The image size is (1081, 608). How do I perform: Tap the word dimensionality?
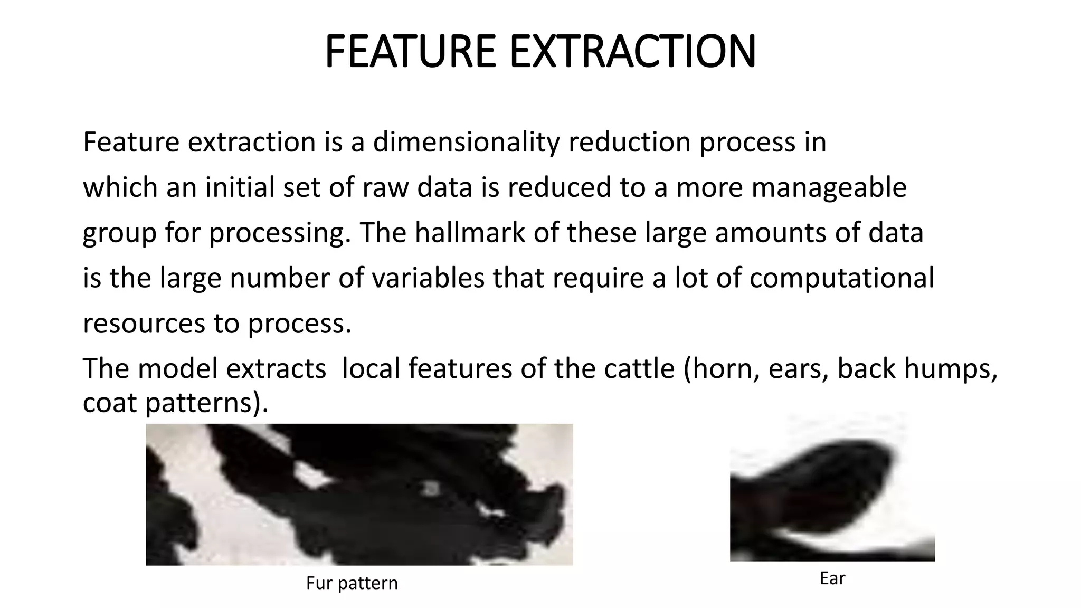pyautogui.click(x=466, y=142)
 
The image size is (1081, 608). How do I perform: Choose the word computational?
pyautogui.click(x=841, y=278)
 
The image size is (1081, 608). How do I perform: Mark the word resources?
pyautogui.click(x=144, y=324)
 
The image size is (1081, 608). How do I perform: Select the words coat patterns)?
pyautogui.click(x=175, y=403)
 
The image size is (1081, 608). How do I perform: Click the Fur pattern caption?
pyautogui.click(x=352, y=583)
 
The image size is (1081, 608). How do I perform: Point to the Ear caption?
pyautogui.click(x=832, y=578)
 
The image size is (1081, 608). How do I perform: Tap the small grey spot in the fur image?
pyautogui.click(x=432, y=488)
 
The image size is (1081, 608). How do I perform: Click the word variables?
pyautogui.click(x=428, y=278)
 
